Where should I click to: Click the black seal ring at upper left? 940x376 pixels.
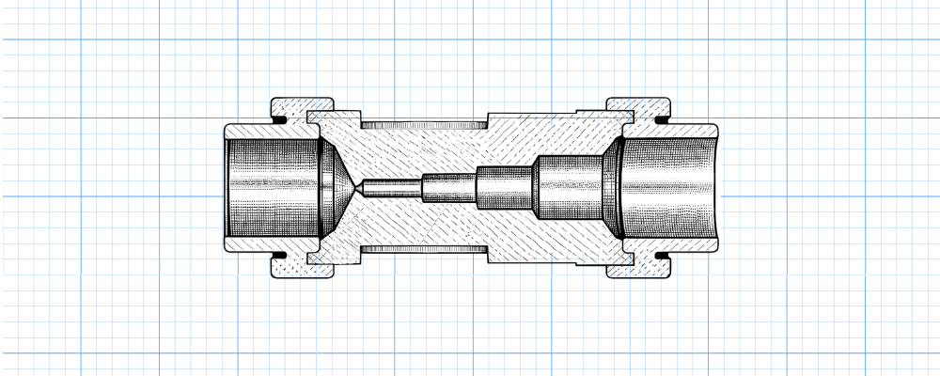280,119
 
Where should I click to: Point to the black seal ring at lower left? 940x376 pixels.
280,257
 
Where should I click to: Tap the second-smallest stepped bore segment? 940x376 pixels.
449,188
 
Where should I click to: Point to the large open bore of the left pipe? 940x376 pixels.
273,188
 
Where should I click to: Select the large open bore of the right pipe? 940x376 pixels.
672,188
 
